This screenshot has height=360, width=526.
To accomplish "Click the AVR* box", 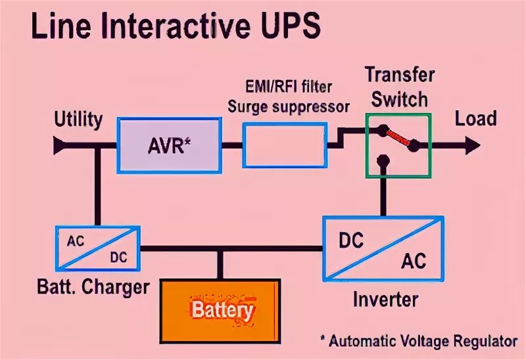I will pos(169,145).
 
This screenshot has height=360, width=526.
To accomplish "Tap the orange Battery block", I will pos(222,309).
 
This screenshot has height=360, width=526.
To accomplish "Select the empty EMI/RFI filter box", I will pos(284,146).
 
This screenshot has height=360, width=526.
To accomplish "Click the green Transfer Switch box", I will pos(398,145).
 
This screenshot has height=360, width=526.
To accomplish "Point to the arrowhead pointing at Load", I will pos(472,145).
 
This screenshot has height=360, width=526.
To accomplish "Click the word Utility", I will pos(78,120).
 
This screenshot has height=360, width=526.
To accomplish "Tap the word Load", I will pos(475,119).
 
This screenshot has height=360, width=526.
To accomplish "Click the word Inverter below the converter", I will pos(385,300).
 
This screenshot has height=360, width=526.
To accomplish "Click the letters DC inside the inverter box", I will pos(351,240).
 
